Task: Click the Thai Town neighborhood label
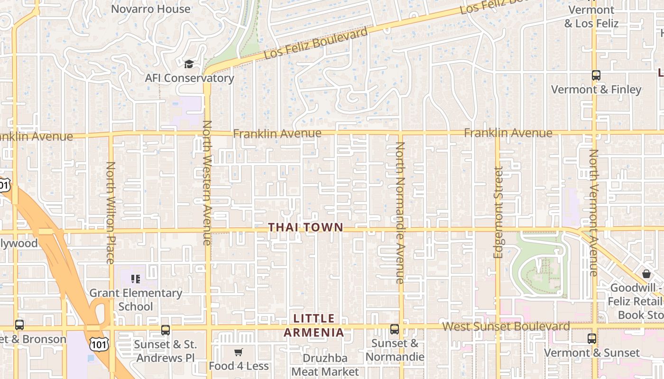305,227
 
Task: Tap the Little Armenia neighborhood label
314,325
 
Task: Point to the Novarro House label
150,9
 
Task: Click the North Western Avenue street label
207,182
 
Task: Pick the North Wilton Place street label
111,212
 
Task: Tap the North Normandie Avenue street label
400,213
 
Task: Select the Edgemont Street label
498,212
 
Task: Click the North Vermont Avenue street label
593,213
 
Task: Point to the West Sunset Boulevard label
506,326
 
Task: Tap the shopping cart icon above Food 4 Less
238,352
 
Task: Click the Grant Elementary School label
136,299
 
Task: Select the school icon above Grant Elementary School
136,279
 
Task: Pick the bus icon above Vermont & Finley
596,75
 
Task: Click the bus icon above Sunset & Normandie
395,329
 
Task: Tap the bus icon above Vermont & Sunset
592,339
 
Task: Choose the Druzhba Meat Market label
325,365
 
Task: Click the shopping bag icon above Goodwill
646,274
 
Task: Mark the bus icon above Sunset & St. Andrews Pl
166,330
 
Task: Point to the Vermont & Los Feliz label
591,17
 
